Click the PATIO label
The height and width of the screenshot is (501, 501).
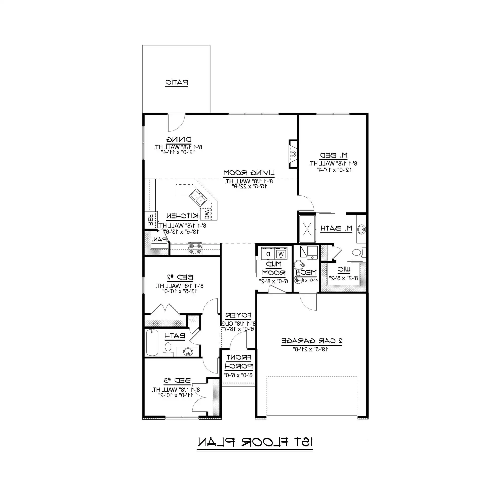177,82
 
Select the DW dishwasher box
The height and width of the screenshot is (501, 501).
207,214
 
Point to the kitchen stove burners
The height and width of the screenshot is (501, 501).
195,248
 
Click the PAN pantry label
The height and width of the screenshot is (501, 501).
159,240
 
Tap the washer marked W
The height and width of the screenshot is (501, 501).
281,254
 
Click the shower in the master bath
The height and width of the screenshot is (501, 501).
307,229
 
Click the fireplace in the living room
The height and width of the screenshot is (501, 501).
293,154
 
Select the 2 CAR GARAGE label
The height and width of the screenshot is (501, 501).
312,341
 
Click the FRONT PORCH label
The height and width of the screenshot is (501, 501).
238,362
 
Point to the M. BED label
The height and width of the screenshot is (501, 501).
333,155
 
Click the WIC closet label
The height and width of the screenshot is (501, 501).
344,270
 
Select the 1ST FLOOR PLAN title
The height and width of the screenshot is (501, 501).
255,442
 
